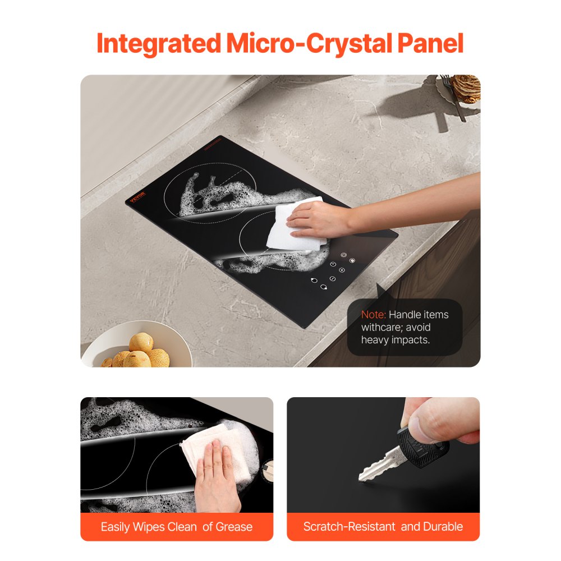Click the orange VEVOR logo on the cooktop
[138, 197]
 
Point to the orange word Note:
[374, 315]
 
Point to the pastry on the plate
[466, 89]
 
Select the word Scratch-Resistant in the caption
[349, 527]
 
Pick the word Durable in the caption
[443, 527]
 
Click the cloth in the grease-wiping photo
[215, 452]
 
